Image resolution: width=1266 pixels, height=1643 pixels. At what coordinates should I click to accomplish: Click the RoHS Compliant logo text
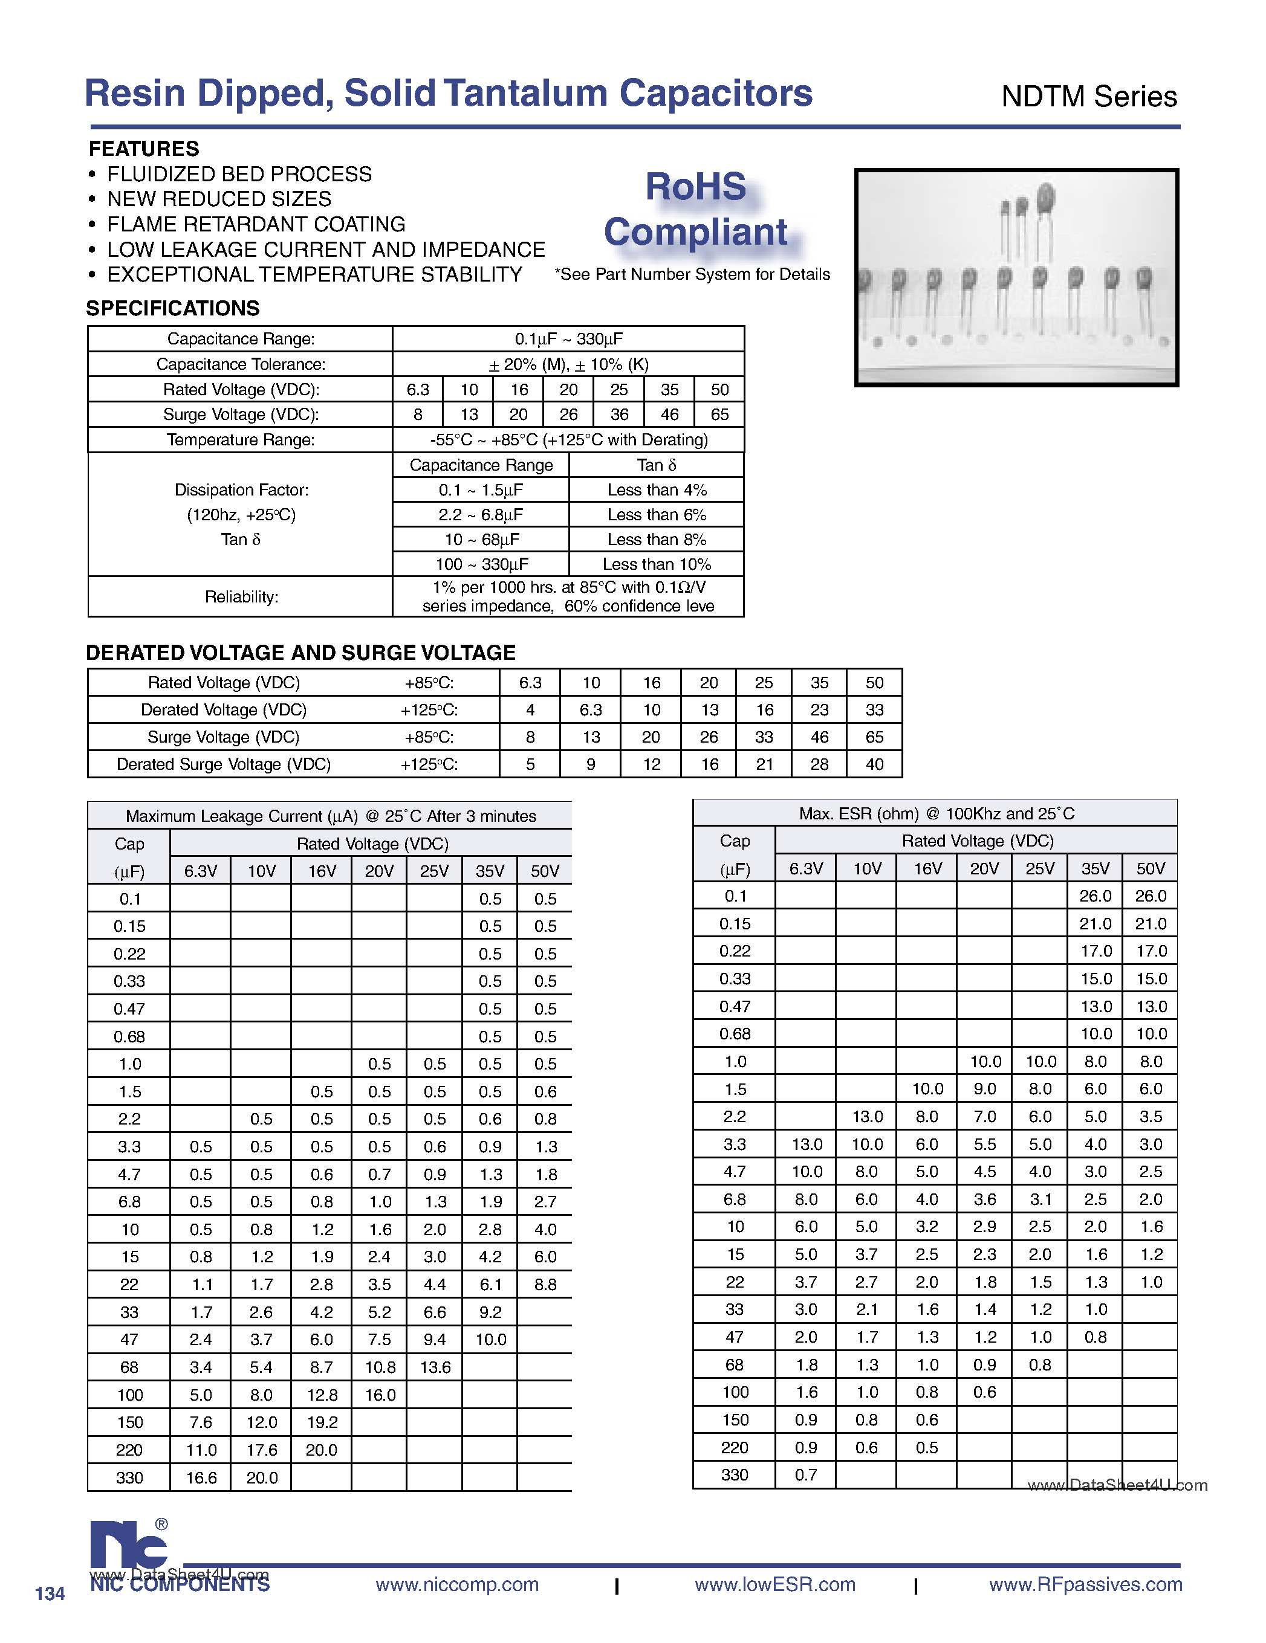point(696,209)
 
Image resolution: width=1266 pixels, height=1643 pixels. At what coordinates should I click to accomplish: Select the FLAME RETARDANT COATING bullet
point(256,224)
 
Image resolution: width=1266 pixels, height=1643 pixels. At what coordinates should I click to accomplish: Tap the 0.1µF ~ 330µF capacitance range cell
point(568,338)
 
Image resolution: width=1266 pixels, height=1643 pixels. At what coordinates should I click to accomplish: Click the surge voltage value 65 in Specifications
point(719,415)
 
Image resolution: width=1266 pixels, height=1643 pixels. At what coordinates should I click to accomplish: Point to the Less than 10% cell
point(657,564)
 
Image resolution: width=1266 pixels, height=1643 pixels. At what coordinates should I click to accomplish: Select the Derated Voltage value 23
point(819,709)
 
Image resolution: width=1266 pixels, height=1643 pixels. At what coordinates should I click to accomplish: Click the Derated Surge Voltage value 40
point(874,764)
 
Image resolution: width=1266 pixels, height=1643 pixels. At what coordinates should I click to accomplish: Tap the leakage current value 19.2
point(322,1422)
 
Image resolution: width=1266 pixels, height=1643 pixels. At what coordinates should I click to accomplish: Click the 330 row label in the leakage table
point(129,1477)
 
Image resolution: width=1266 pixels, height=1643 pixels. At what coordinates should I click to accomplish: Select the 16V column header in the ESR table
point(927,868)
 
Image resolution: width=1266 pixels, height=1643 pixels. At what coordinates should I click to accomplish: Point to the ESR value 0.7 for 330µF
point(805,1474)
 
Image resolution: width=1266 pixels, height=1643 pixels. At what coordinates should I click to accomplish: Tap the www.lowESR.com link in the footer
point(774,1584)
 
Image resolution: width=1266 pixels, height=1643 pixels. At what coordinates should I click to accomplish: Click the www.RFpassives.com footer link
point(1085,1584)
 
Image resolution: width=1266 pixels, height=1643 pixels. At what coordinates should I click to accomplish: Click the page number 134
point(50,1593)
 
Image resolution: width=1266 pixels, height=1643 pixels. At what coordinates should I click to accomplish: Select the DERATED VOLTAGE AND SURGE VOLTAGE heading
point(300,652)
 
